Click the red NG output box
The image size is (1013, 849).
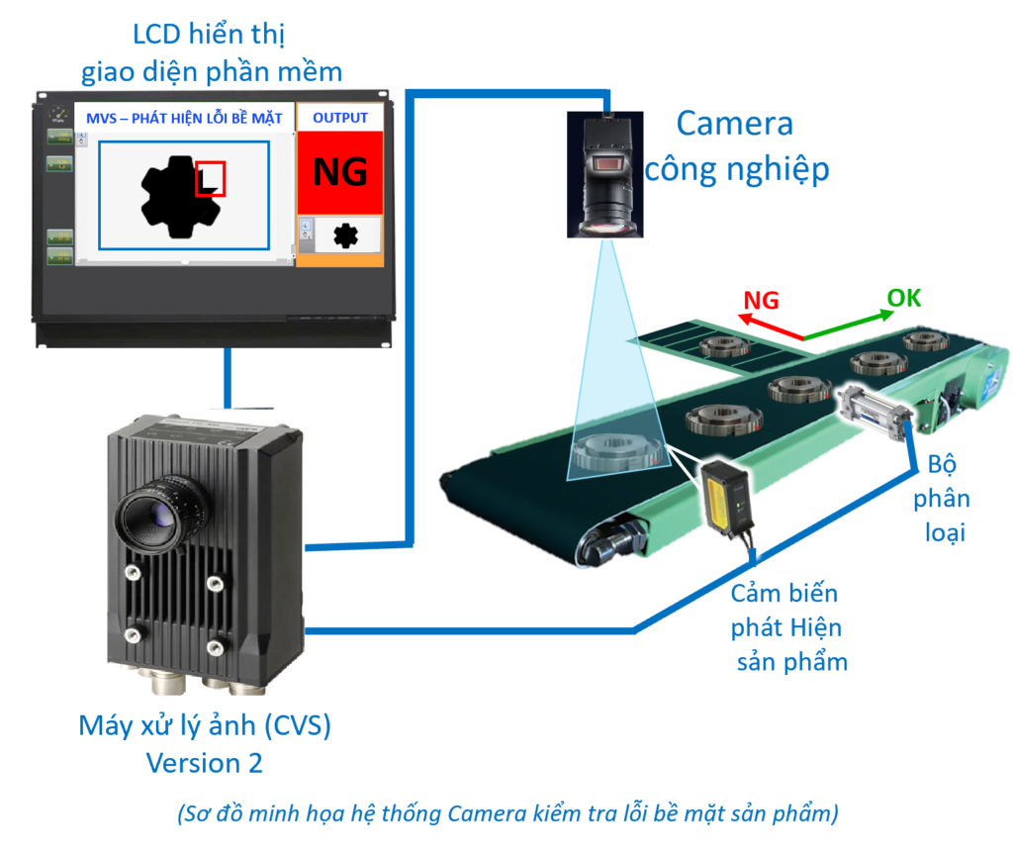coord(339,172)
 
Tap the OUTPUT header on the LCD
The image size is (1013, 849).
coord(339,118)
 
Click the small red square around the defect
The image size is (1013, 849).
coord(210,179)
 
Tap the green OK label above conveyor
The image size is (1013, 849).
coord(902,297)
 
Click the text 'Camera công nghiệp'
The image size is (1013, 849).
coord(736,146)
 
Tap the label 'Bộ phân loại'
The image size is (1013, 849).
coord(947,499)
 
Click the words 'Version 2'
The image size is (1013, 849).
coord(206,763)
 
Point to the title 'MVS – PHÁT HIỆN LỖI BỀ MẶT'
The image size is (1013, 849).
coord(185,118)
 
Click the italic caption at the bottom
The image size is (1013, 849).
coord(507,814)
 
